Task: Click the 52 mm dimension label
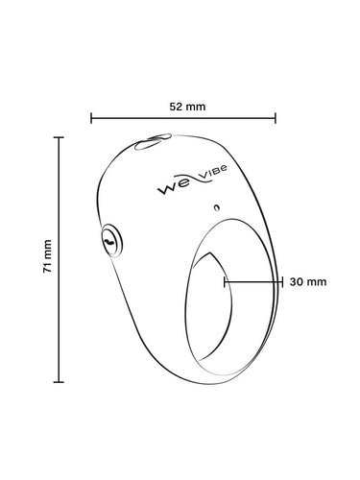pyautogui.click(x=187, y=107)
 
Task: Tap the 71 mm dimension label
pyautogui.click(x=47, y=255)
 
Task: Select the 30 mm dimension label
pyautogui.click(x=308, y=282)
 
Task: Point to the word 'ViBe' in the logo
pyautogui.click(x=213, y=172)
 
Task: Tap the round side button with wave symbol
pyautogui.click(x=111, y=240)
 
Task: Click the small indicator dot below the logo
pyautogui.click(x=217, y=207)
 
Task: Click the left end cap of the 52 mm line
pyautogui.click(x=91, y=118)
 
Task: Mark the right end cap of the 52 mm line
pyautogui.click(x=276, y=118)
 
